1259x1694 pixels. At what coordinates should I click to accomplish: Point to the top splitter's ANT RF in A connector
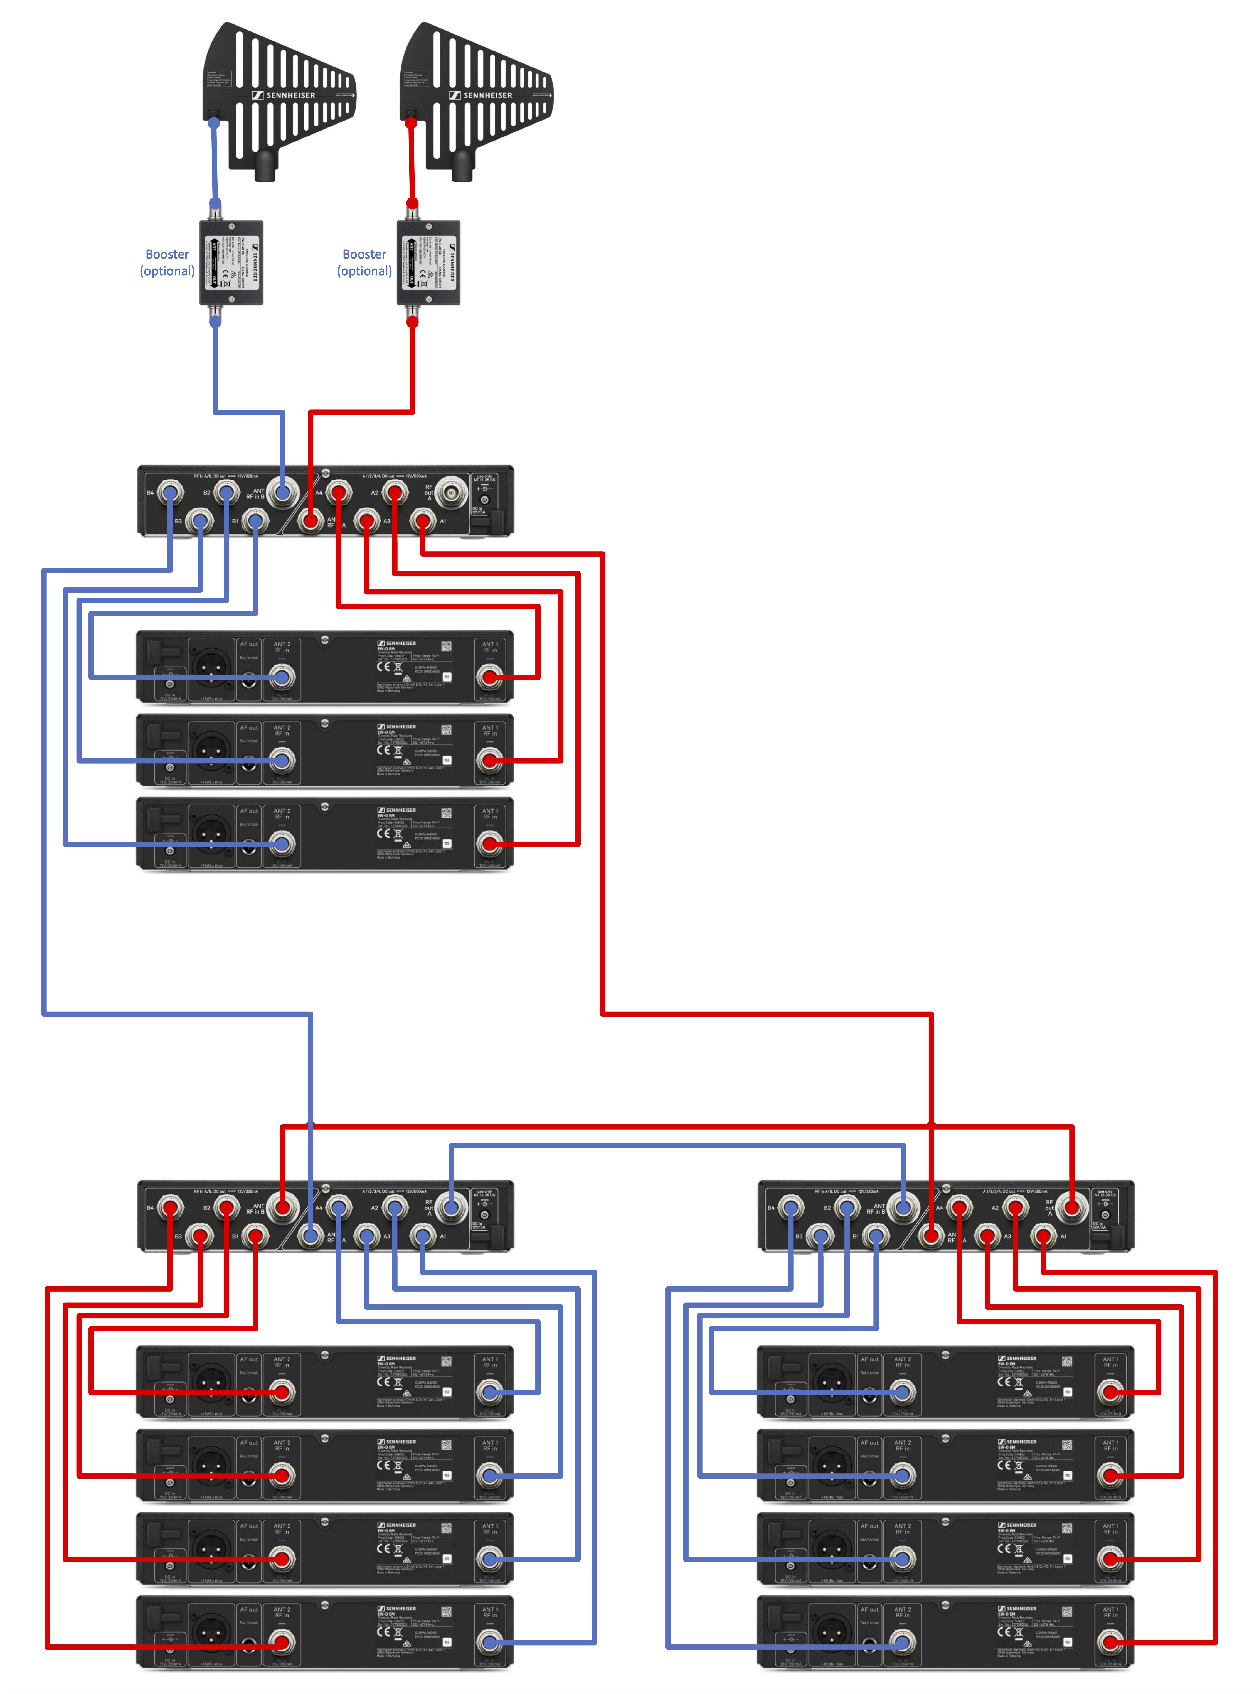pos(310,522)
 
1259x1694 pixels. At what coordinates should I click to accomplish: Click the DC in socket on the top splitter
pos(485,500)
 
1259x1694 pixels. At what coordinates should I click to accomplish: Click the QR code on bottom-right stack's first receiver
pos(1067,1362)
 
